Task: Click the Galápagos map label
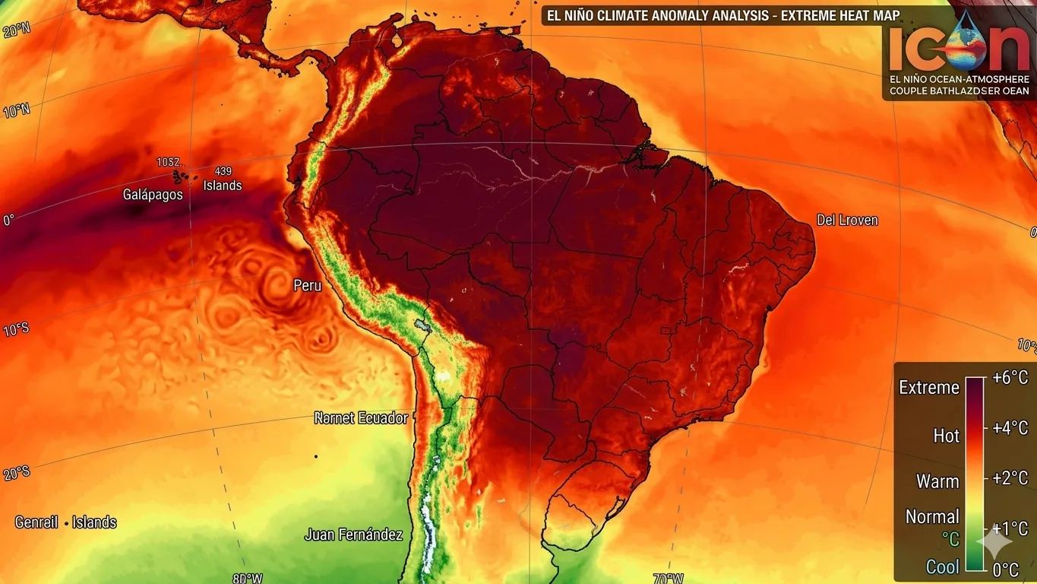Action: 153,195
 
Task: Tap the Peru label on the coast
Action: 308,286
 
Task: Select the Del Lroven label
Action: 847,221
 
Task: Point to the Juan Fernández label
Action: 354,535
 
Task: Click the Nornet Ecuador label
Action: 361,418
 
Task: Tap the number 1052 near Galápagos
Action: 169,162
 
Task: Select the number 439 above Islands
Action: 223,171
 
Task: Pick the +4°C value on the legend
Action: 1010,427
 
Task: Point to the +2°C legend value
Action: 1010,478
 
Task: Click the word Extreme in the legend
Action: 929,388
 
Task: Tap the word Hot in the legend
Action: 947,436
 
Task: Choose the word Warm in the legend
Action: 937,481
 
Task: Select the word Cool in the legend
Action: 942,567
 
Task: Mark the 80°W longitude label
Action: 248,578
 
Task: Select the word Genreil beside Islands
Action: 36,522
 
